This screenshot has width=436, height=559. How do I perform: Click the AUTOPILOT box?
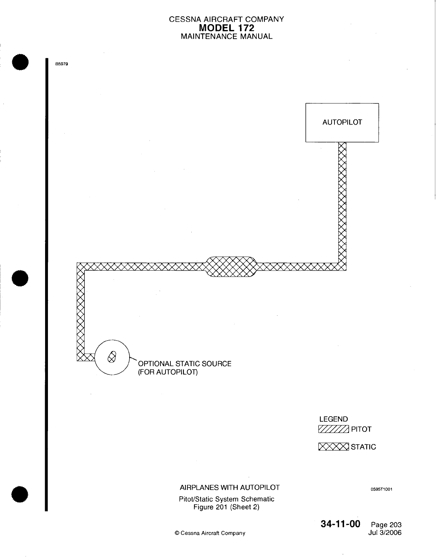click(342, 123)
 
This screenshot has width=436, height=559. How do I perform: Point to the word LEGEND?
click(333, 419)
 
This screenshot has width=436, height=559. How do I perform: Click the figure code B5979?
click(61, 64)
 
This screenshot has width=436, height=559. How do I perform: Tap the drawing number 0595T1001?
click(381, 489)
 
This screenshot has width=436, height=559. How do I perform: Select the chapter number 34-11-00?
click(340, 524)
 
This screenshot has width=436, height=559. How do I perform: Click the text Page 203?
click(386, 525)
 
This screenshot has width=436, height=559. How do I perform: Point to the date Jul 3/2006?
click(385, 533)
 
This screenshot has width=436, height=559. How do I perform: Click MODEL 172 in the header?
click(227, 28)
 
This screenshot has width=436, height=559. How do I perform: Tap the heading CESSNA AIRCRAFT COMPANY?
click(227, 19)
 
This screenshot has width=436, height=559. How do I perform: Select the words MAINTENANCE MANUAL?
click(227, 36)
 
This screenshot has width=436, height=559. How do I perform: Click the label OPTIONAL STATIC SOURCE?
click(185, 364)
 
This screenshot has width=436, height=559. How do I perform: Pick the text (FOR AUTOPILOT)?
click(168, 372)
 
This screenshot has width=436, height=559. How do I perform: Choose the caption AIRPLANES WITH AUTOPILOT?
click(230, 487)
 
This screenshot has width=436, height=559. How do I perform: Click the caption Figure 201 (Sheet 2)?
click(227, 507)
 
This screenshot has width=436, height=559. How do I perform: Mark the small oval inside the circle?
click(112, 357)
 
